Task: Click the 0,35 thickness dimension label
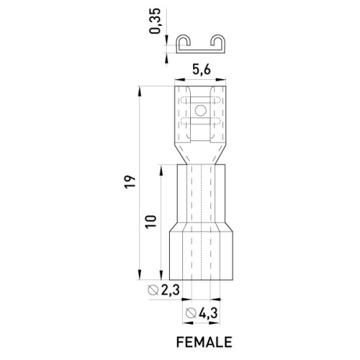pyautogui.click(x=155, y=21)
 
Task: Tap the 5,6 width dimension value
pyautogui.click(x=201, y=70)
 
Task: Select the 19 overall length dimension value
pyautogui.click(x=130, y=182)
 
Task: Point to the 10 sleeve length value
pyautogui.click(x=150, y=222)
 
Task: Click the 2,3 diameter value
pyautogui.click(x=171, y=290)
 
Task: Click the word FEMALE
pyautogui.click(x=204, y=342)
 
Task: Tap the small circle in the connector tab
pyautogui.click(x=201, y=110)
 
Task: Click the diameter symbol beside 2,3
pyautogui.click(x=153, y=290)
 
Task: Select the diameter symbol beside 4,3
pyautogui.click(x=192, y=313)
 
